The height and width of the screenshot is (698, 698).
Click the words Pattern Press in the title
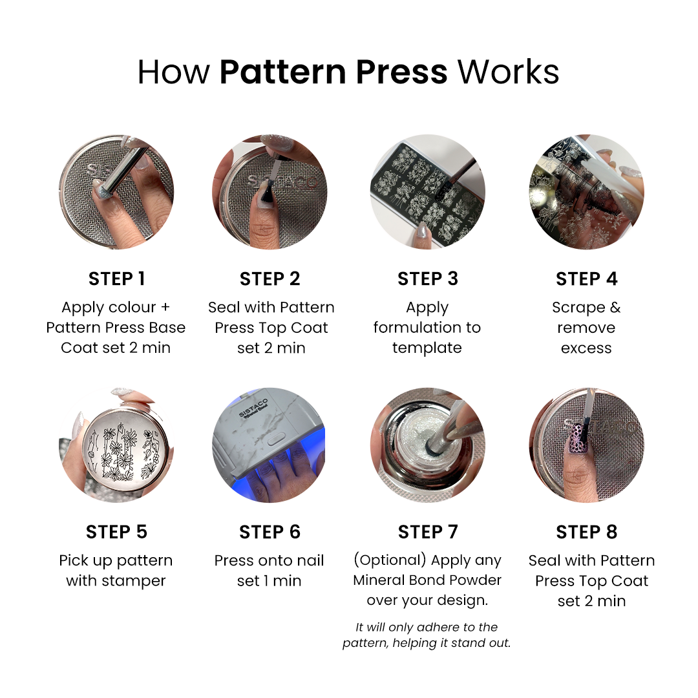click(333, 72)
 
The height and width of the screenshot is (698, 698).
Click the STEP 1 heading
click(116, 279)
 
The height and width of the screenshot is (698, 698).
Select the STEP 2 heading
click(270, 279)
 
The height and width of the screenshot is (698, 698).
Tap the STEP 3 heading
click(427, 279)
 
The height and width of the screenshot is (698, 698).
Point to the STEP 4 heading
click(586, 279)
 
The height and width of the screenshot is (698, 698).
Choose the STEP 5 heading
click(116, 532)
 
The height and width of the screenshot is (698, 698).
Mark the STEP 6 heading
click(270, 532)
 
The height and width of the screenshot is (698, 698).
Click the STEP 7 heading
click(427, 532)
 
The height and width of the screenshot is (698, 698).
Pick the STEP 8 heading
click(586, 532)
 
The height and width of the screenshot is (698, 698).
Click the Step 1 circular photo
click(116, 192)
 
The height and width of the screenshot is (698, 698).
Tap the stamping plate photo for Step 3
click(427, 192)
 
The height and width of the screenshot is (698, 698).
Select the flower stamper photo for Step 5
click(116, 445)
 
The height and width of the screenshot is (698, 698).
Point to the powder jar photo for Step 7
click(427, 445)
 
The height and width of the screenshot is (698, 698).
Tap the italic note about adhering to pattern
click(427, 635)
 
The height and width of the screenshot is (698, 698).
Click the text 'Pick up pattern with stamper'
click(116, 571)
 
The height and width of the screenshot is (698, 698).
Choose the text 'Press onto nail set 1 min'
click(270, 571)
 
